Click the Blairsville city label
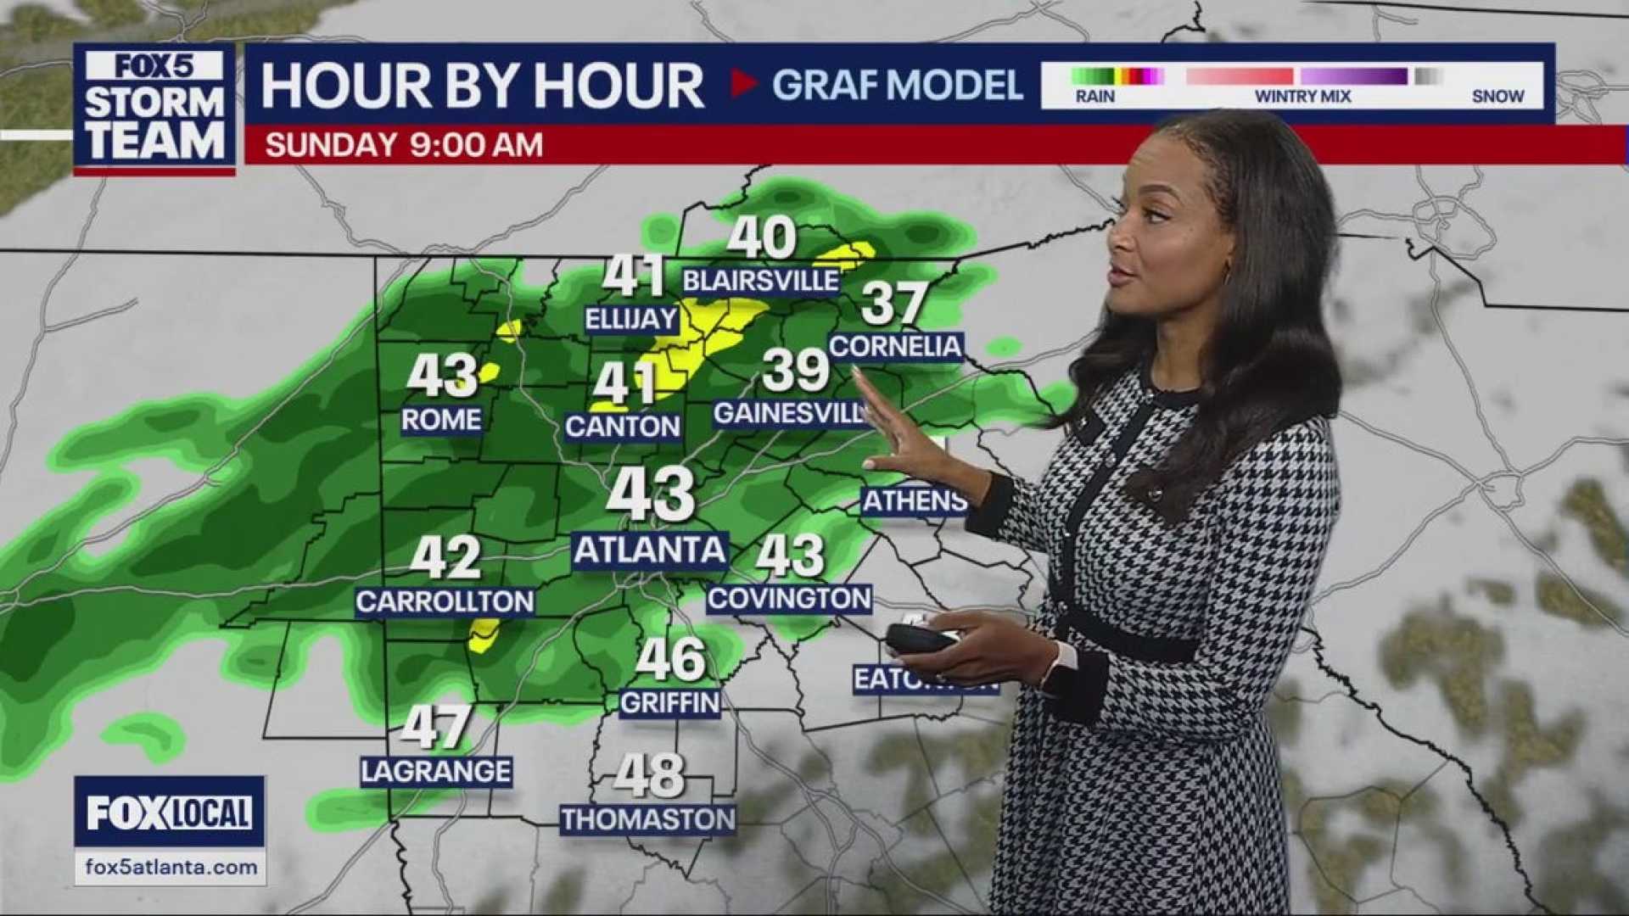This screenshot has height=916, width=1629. [x=760, y=281]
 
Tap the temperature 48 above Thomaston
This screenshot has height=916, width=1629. [x=649, y=775]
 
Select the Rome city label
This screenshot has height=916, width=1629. [x=441, y=420]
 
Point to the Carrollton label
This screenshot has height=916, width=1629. [x=445, y=602]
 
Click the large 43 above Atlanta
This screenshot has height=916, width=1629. [x=651, y=494]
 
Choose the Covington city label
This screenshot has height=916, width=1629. [x=789, y=599]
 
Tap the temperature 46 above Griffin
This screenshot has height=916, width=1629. [x=670, y=660]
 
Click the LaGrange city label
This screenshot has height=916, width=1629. [x=436, y=772]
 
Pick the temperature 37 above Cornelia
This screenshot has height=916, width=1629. [x=893, y=304]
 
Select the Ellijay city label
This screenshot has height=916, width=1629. [x=632, y=320]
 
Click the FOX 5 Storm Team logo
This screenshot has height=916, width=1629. [x=154, y=108]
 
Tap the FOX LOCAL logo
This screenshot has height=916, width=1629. [x=170, y=813]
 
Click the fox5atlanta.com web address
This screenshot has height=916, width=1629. [x=171, y=868]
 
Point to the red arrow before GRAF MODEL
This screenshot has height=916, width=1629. [x=743, y=84]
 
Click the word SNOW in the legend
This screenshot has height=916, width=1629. [x=1497, y=97]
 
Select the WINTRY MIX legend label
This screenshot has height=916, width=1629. [x=1302, y=97]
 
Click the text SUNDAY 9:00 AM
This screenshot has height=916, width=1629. [x=404, y=145]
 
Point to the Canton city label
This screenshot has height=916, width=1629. [x=623, y=427]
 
